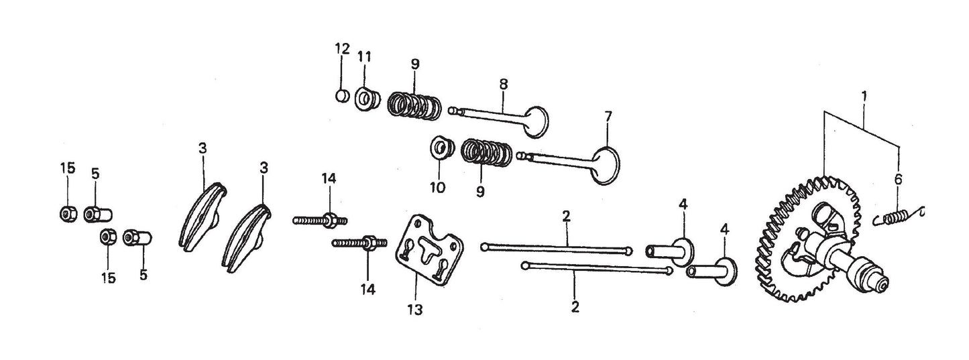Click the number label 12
342,48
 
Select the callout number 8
504,84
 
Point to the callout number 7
608,116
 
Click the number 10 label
437,188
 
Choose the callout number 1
864,97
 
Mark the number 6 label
899,179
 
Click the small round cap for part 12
342,96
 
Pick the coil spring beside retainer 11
414,105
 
